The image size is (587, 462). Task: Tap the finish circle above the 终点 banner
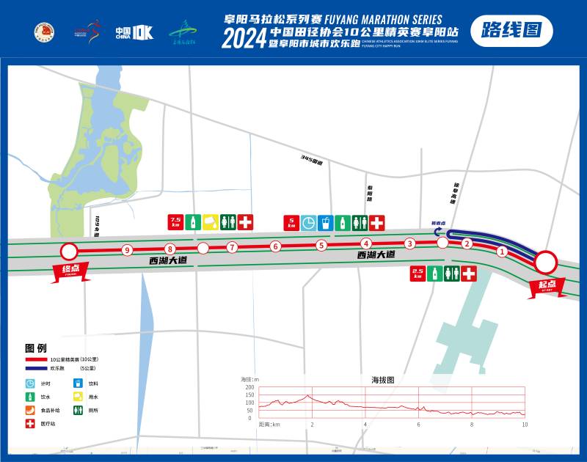(68, 252)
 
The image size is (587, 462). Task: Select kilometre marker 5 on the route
(321, 246)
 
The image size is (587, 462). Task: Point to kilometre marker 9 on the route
(127, 251)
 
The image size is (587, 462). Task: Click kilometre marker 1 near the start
(502, 252)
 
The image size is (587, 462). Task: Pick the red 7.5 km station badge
(175, 221)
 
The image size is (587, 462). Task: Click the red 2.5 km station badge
(418, 274)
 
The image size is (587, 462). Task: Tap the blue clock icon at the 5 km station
(309, 221)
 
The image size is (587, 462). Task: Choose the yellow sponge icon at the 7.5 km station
(210, 221)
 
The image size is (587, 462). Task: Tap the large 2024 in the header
(244, 39)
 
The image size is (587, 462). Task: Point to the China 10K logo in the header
(134, 32)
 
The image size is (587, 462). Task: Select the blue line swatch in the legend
(37, 367)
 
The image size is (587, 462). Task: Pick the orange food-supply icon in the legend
(30, 410)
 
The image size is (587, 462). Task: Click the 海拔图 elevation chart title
(382, 381)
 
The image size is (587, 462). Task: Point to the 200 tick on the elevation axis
(249, 387)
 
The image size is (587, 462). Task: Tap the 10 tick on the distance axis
(525, 425)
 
